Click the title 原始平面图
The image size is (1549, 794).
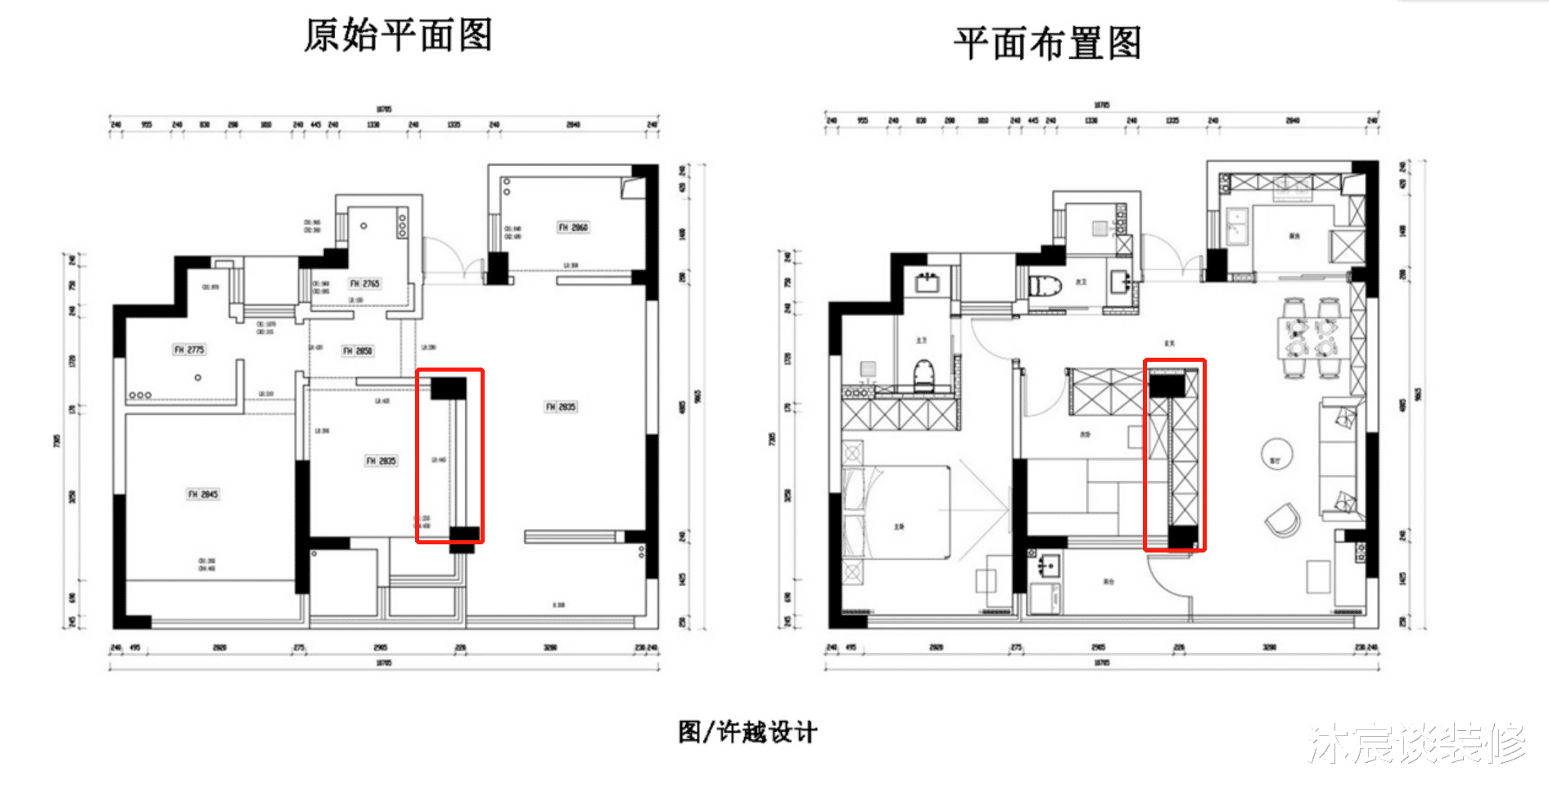[398, 36]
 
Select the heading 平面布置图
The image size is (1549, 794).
[1047, 43]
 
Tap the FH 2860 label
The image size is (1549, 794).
[573, 227]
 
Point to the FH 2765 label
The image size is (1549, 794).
[364, 283]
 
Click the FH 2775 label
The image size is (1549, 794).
[189, 350]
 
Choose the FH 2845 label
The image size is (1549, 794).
[203, 494]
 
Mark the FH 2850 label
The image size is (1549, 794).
[358, 350]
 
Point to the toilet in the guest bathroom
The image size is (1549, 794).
[1045, 286]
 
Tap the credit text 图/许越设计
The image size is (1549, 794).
[747, 732]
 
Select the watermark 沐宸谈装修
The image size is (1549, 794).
[1416, 743]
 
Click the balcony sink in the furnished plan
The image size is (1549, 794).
[1047, 566]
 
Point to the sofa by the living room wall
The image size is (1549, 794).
[1338, 458]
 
